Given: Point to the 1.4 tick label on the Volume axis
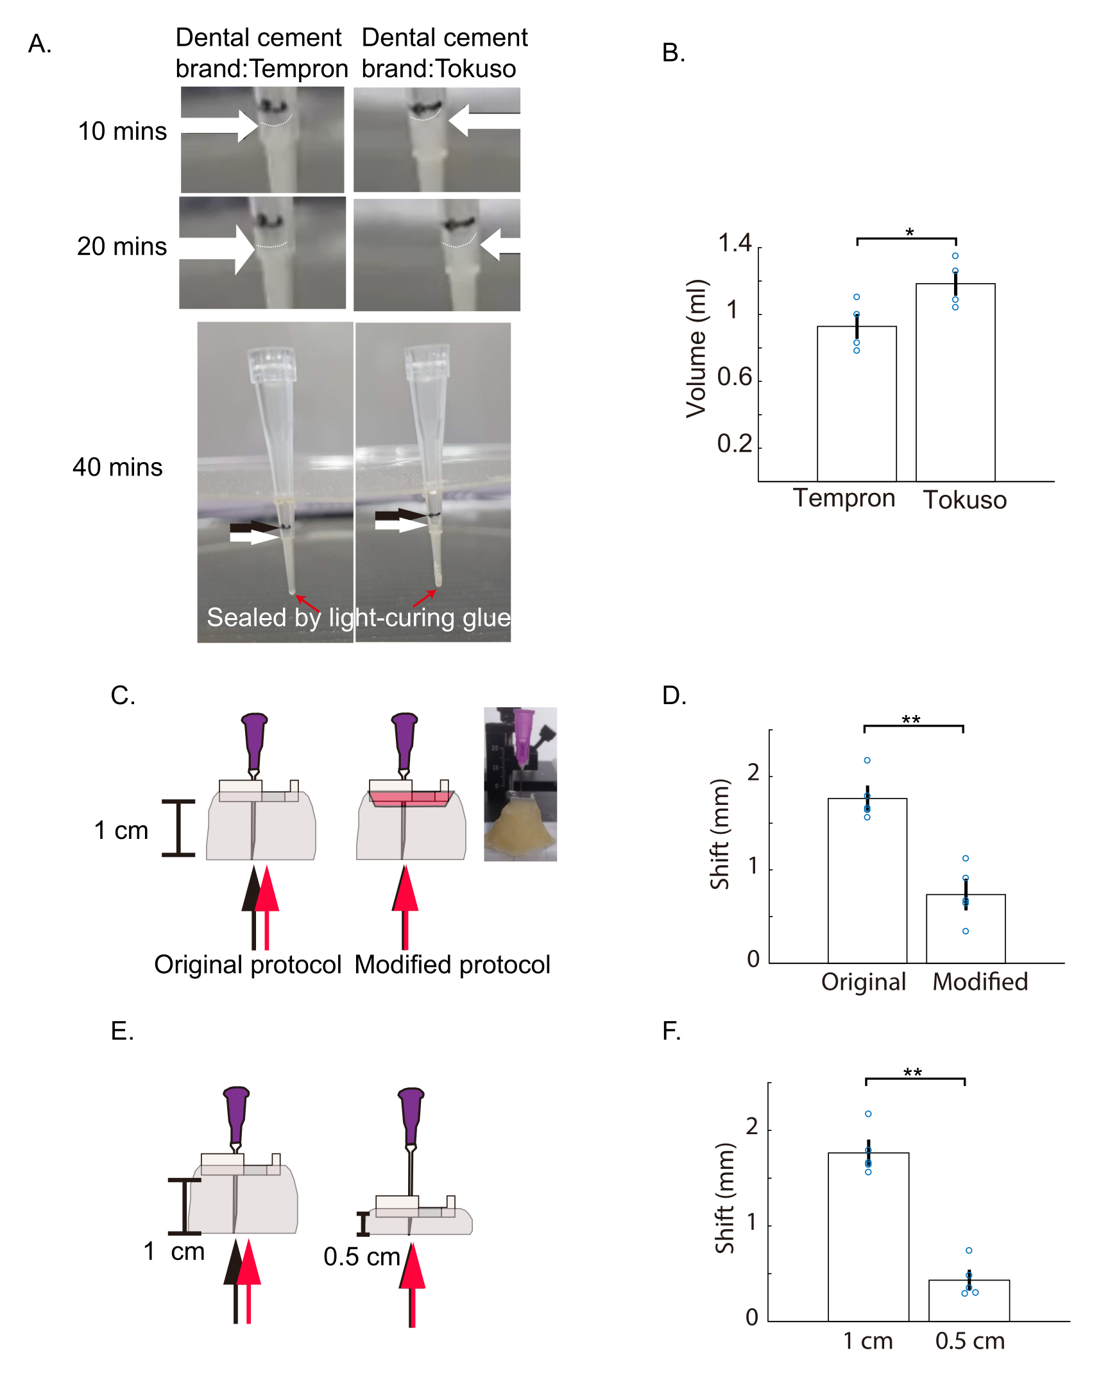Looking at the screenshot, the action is (734, 243).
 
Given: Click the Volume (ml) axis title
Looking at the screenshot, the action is (696, 348).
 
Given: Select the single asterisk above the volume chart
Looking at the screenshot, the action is (909, 232).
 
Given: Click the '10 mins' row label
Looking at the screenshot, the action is (122, 131).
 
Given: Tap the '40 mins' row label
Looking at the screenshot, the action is (117, 467).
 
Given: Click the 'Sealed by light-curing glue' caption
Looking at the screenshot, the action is (358, 617).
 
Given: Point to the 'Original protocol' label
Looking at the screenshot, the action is (247, 965).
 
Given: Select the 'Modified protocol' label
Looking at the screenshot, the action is (452, 965).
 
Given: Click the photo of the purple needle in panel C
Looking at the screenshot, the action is (520, 784).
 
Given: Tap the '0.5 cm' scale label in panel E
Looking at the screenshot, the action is (361, 1256).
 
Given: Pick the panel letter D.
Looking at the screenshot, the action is (674, 696).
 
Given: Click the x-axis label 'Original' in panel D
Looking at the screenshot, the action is (863, 982).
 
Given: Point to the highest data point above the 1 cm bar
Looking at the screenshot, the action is (868, 1114).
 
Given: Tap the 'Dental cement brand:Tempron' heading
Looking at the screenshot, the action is (260, 53).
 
